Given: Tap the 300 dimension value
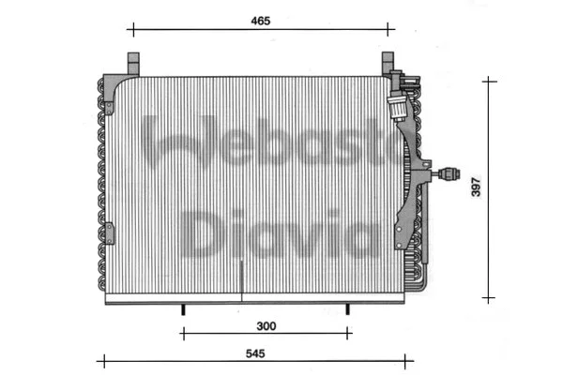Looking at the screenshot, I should coord(266,325).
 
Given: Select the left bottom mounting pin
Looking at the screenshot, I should coord(182,308).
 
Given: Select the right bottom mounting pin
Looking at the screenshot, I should coord(348,308).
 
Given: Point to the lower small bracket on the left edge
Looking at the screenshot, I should coord(109,231).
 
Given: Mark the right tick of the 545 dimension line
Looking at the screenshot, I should coord(413,360).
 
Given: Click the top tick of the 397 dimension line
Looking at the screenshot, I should coord(489,81).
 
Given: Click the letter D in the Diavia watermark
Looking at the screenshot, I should coord(200,233).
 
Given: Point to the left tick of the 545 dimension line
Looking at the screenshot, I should coord(99,360).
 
